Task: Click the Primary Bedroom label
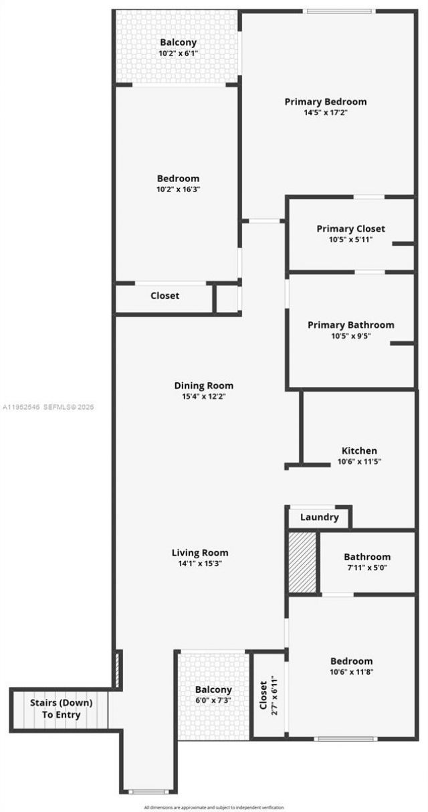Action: pyautogui.click(x=326, y=102)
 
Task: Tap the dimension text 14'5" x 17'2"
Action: pyautogui.click(x=326, y=112)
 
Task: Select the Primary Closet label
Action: pyautogui.click(x=350, y=229)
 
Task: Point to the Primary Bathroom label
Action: pyautogui.click(x=350, y=325)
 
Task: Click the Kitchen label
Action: pyautogui.click(x=359, y=451)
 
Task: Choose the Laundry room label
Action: pyautogui.click(x=319, y=517)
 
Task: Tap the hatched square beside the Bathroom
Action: pyautogui.click(x=302, y=562)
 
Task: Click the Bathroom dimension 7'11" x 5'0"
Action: pyautogui.click(x=366, y=568)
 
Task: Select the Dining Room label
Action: pyautogui.click(x=204, y=386)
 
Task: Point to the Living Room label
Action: pyautogui.click(x=200, y=553)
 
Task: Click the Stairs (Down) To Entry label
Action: pyautogui.click(x=61, y=709)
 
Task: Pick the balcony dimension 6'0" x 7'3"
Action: pyautogui.click(x=213, y=700)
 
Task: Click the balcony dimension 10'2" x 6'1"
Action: pyautogui.click(x=178, y=53)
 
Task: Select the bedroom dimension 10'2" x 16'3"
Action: pyautogui.click(x=178, y=189)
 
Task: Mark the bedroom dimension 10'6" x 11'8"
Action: pyautogui.click(x=351, y=671)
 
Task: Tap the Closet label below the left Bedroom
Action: pyautogui.click(x=165, y=296)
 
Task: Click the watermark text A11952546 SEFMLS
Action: pyautogui.click(x=48, y=406)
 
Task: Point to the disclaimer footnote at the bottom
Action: pyautogui.click(x=213, y=807)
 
